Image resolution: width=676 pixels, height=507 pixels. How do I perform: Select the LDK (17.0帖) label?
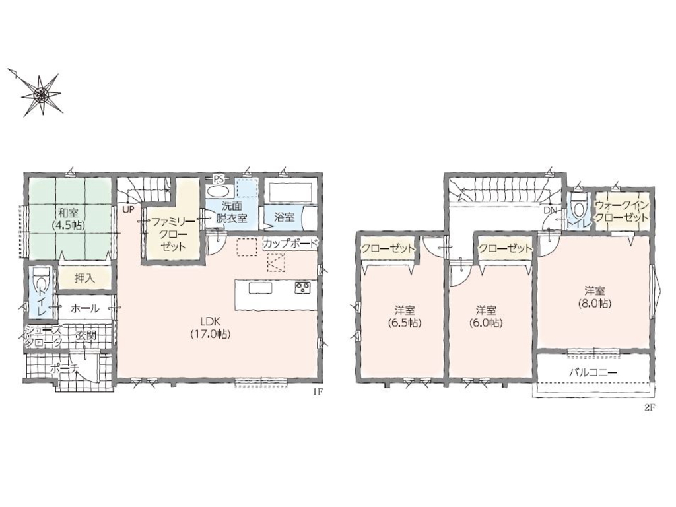210,327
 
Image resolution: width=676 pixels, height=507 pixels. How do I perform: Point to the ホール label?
84,308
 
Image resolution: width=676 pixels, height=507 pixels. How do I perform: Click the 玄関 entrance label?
86,335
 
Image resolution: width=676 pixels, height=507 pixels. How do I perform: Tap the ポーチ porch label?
63,368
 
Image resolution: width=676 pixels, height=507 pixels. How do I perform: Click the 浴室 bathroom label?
285,217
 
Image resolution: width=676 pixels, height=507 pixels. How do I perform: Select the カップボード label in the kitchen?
290,243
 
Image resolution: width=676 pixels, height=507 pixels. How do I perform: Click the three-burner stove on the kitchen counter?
302,288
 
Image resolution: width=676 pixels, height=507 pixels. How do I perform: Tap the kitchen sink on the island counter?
260,288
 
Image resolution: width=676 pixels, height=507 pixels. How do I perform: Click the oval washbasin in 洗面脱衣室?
219,191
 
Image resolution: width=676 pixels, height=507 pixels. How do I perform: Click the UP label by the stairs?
129,209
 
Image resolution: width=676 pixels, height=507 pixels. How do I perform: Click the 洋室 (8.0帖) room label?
595,297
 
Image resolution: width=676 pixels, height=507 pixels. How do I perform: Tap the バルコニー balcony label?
593,372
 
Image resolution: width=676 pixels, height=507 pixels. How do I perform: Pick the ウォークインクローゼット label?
621,212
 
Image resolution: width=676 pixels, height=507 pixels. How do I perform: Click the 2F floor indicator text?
650,408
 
